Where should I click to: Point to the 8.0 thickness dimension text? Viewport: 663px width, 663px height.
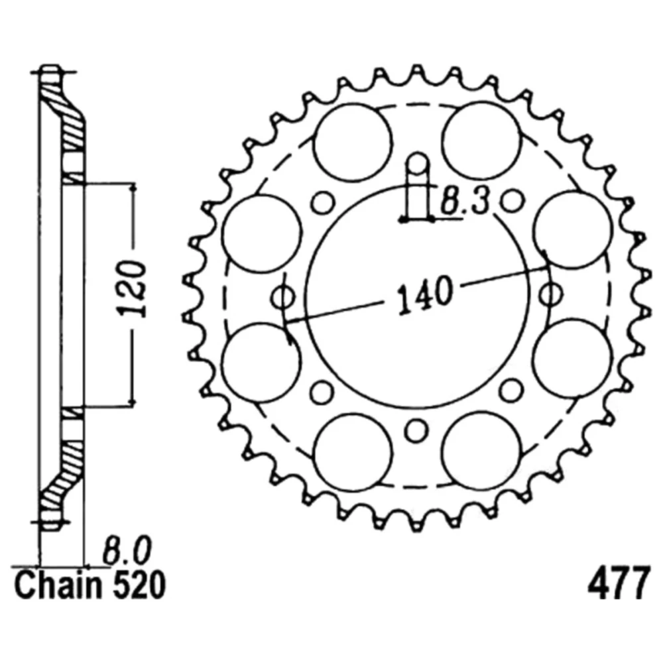point(127,551)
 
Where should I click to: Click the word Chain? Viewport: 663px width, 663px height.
point(58,585)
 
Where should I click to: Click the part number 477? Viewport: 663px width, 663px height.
point(618,585)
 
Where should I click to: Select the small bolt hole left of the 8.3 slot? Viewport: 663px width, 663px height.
point(323,203)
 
